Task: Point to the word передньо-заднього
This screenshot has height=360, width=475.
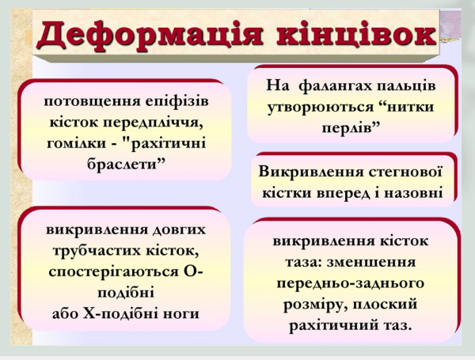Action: (x=351, y=282)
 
